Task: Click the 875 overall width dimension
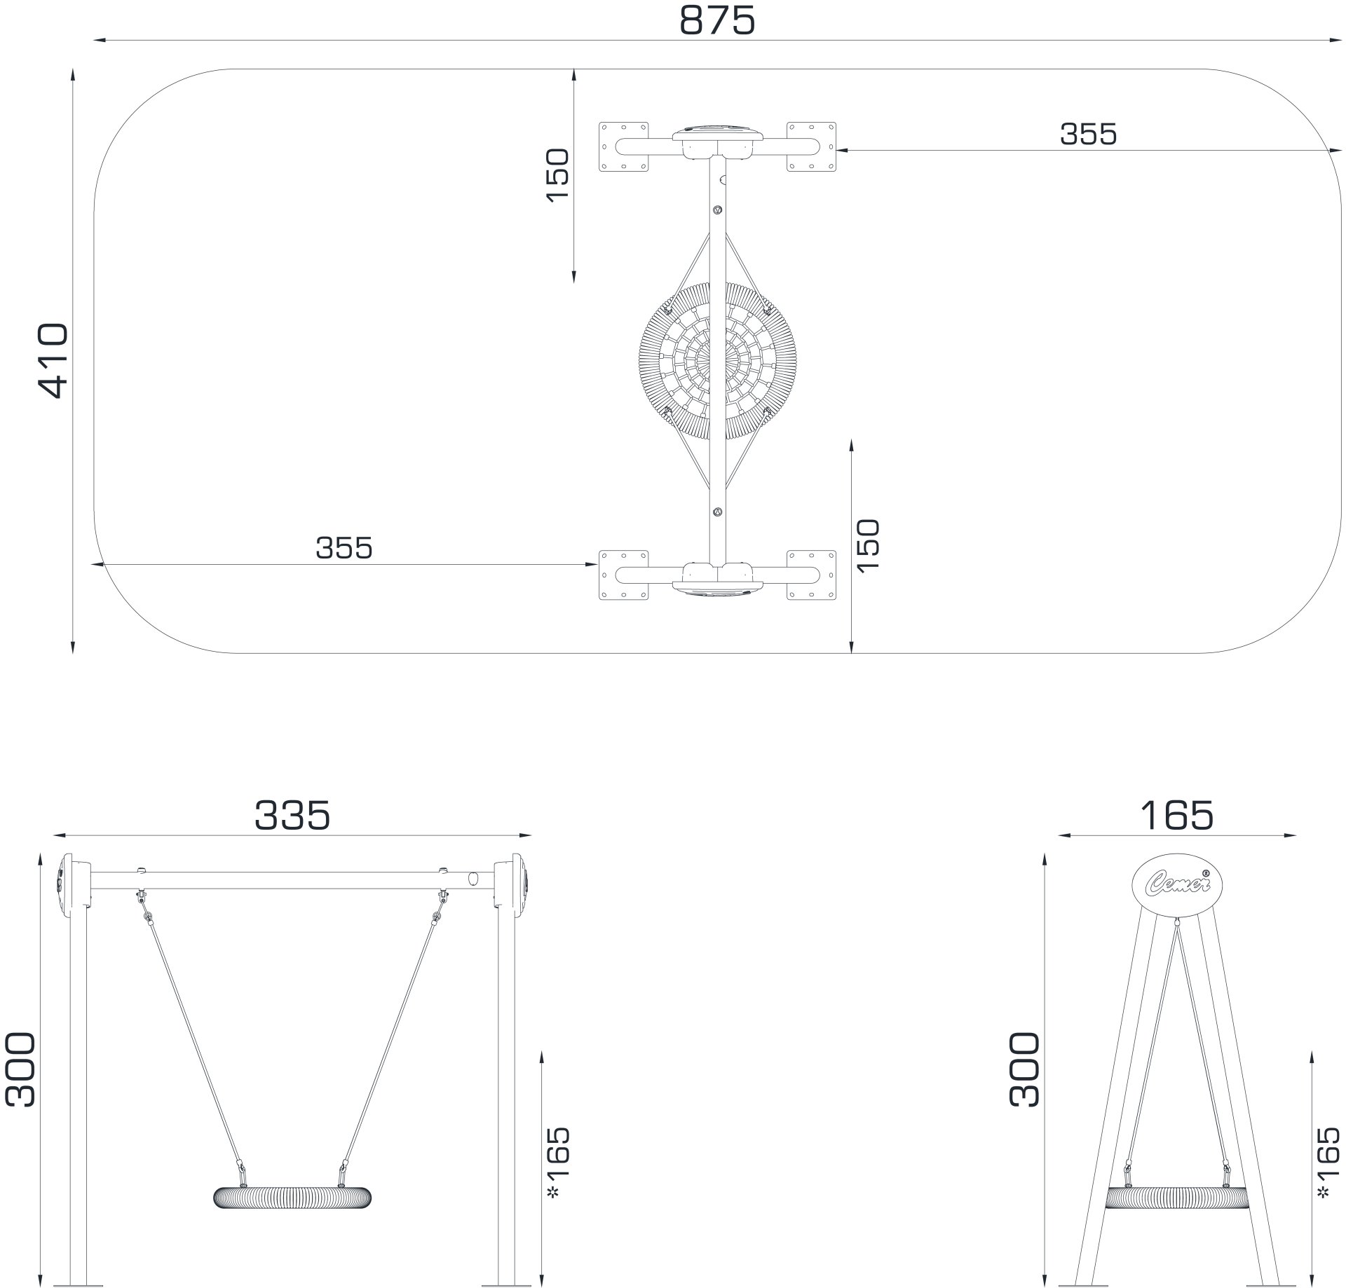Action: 717,21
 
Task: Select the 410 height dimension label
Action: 53,361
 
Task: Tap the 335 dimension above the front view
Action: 292,816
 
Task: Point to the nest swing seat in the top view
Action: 717,361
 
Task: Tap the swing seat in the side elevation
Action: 1177,1198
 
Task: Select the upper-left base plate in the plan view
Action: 623,146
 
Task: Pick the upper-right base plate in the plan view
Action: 811,146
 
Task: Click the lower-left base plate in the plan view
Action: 623,575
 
